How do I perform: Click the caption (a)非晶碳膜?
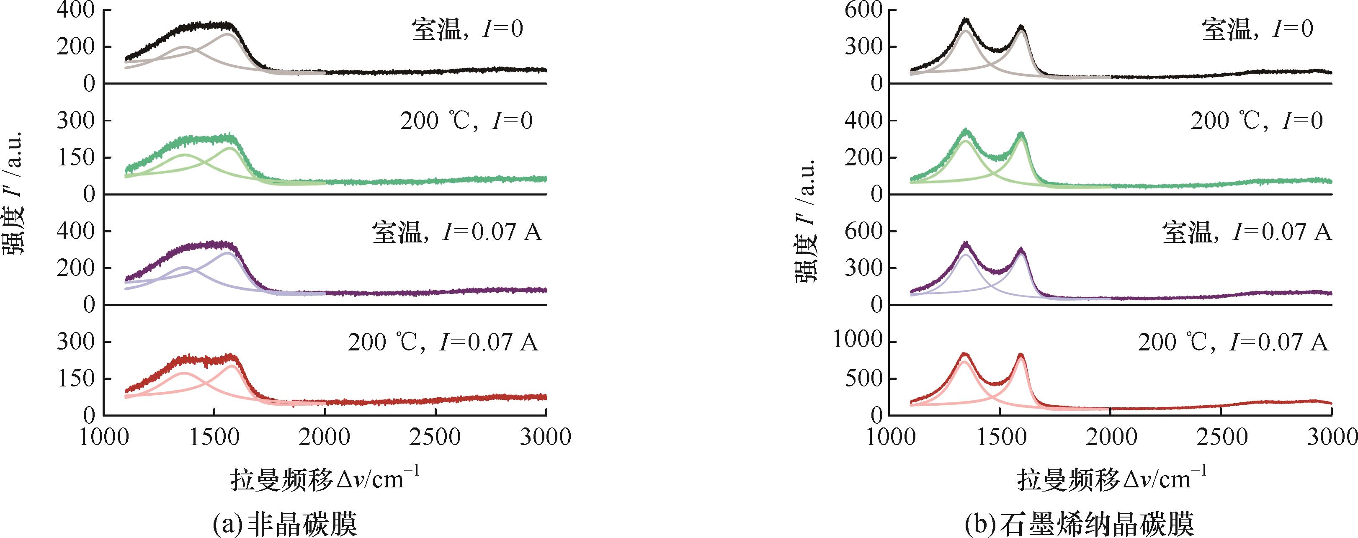(285, 524)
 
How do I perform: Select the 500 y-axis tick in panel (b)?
(863, 378)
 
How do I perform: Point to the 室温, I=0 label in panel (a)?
(466, 29)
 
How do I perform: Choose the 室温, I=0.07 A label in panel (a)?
(456, 232)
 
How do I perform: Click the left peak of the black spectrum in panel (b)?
(965, 35)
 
